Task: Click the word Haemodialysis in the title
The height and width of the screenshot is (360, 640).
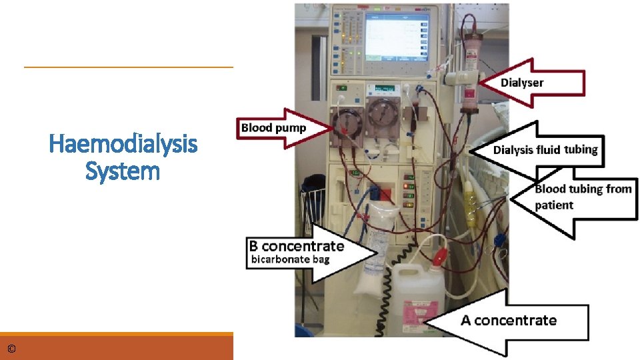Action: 123,143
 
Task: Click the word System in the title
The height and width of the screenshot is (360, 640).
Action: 123,171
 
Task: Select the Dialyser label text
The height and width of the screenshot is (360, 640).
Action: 522,83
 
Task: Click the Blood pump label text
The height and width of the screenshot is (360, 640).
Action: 273,127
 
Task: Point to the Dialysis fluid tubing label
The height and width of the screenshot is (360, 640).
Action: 545,149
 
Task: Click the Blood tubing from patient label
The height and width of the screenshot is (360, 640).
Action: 583,197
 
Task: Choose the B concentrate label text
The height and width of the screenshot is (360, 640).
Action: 297,245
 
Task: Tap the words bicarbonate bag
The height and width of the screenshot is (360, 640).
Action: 289,259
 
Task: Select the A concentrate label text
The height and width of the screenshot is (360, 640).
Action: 508,320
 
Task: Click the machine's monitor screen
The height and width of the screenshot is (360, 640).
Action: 395,37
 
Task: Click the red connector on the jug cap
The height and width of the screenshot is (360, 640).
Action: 441,256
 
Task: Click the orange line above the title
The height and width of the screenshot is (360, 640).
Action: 129,67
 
